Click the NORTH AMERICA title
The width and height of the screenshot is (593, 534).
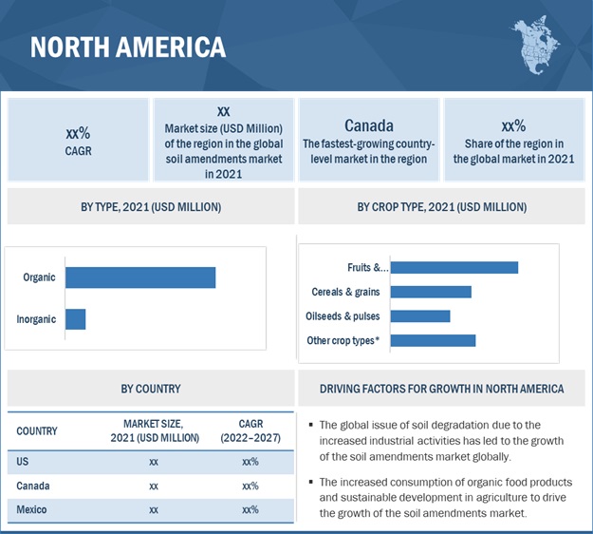click(127, 47)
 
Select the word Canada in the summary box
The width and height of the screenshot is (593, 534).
click(369, 125)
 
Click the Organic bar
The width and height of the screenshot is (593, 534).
click(140, 277)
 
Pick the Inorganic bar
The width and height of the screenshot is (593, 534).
click(75, 319)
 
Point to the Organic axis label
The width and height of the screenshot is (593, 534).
click(39, 277)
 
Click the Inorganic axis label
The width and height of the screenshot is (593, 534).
click(36, 319)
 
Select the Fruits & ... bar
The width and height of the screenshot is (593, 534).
click(454, 267)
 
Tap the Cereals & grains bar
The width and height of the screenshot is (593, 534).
click(431, 292)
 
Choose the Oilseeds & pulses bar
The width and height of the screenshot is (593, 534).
click(420, 315)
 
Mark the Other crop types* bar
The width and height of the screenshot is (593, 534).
click(433, 340)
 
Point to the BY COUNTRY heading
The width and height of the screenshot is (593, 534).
click(150, 389)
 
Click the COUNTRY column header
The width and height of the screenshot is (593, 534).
click(37, 431)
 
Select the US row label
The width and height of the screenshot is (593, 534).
click(23, 462)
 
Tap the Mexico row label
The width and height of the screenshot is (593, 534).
click(32, 510)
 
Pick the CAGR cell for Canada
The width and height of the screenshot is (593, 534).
click(250, 486)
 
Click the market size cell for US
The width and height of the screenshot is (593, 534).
click(154, 462)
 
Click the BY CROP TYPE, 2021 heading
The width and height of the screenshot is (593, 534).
click(442, 206)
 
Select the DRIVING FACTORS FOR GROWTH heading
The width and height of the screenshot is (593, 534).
click(441, 389)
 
